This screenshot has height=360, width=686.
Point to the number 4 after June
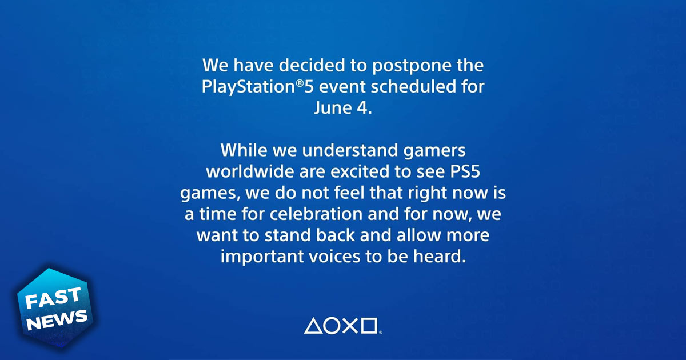362,108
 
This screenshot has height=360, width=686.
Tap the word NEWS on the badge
59,319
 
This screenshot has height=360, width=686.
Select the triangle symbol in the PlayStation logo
313,326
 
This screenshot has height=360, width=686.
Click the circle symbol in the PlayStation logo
332,326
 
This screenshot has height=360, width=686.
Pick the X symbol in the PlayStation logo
350,326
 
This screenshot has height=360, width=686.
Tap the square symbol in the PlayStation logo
369,326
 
